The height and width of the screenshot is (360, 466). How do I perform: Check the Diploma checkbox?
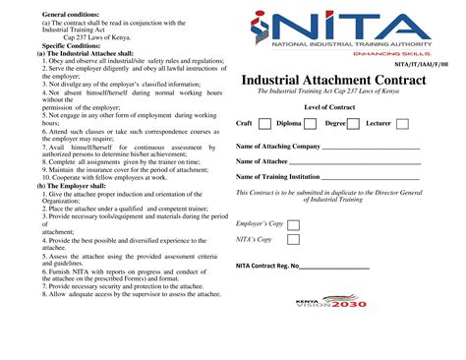(x=310, y=124)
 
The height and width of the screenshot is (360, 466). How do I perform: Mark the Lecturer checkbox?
(x=402, y=124)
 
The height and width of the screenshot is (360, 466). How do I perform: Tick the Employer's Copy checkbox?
(x=293, y=225)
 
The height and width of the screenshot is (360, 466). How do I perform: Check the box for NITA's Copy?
(x=293, y=239)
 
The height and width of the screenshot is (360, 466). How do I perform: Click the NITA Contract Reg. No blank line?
(x=334, y=268)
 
